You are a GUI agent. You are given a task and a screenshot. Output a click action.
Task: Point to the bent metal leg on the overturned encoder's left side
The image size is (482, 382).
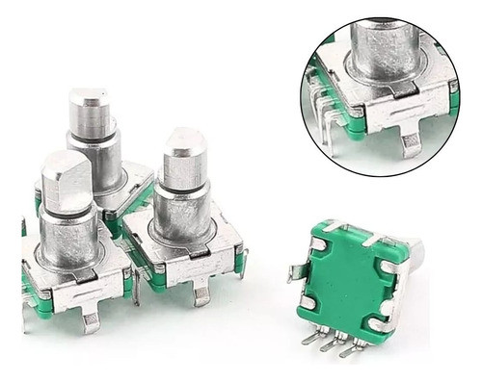pos(296,272)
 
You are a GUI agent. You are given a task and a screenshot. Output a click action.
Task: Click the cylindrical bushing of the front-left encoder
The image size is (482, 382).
pos(69,237)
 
